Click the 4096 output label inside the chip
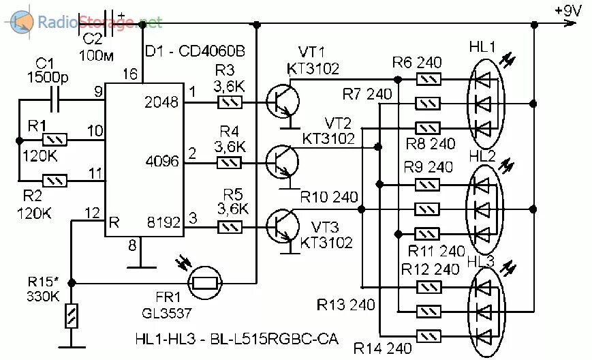pyautogui.click(x=162, y=162)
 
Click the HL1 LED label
pyautogui.click(x=483, y=48)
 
